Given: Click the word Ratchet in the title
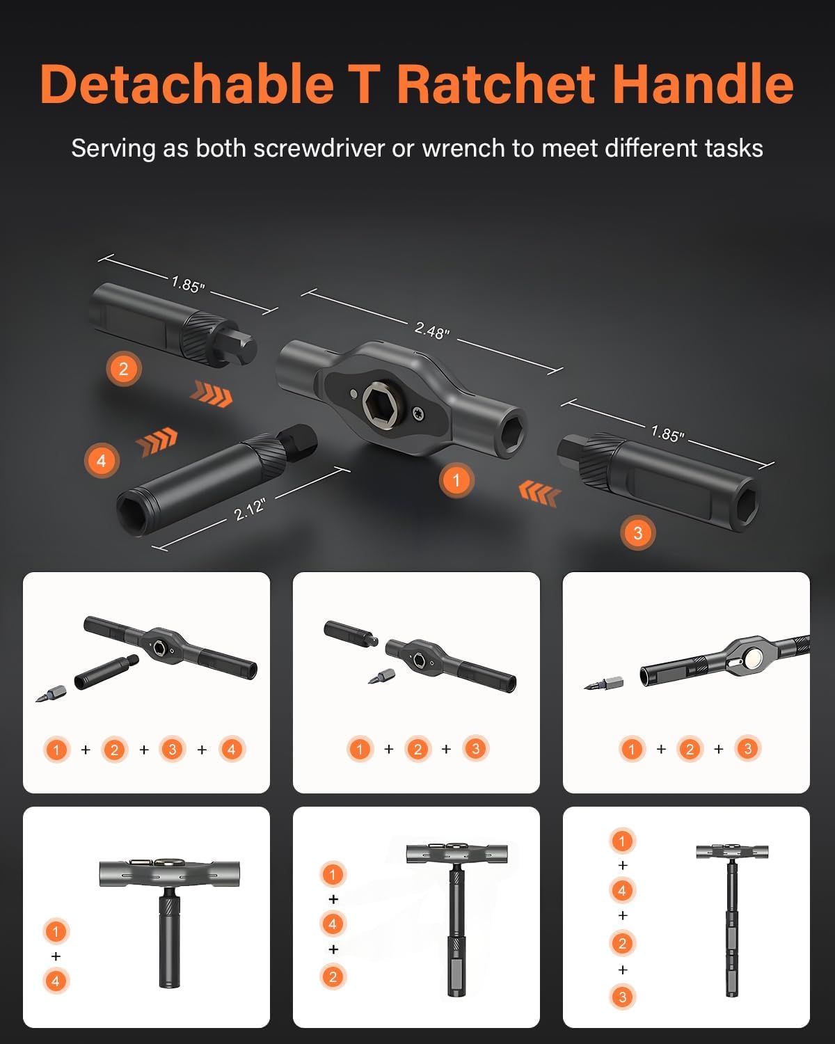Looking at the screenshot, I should (497, 85).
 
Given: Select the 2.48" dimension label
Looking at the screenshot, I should (432, 330).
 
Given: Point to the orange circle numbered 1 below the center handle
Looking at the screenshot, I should (456, 480).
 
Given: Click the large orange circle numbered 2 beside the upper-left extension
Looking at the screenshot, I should (124, 368).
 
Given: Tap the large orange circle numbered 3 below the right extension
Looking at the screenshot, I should (637, 533).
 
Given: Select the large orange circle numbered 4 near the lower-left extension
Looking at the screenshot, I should (102, 460).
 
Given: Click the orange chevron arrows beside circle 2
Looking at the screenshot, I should (211, 394).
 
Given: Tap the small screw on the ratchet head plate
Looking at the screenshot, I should (417, 413).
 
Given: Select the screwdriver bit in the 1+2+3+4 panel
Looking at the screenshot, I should (50, 693).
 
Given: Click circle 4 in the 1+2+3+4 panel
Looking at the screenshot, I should (231, 750).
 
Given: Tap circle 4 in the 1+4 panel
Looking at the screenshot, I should (56, 981).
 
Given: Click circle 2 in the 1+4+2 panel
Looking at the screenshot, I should (333, 976).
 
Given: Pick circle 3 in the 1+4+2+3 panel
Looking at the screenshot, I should (622, 997).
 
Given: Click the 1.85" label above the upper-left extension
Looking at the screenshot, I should (188, 285).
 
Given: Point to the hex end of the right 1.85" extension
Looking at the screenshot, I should (747, 498).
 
